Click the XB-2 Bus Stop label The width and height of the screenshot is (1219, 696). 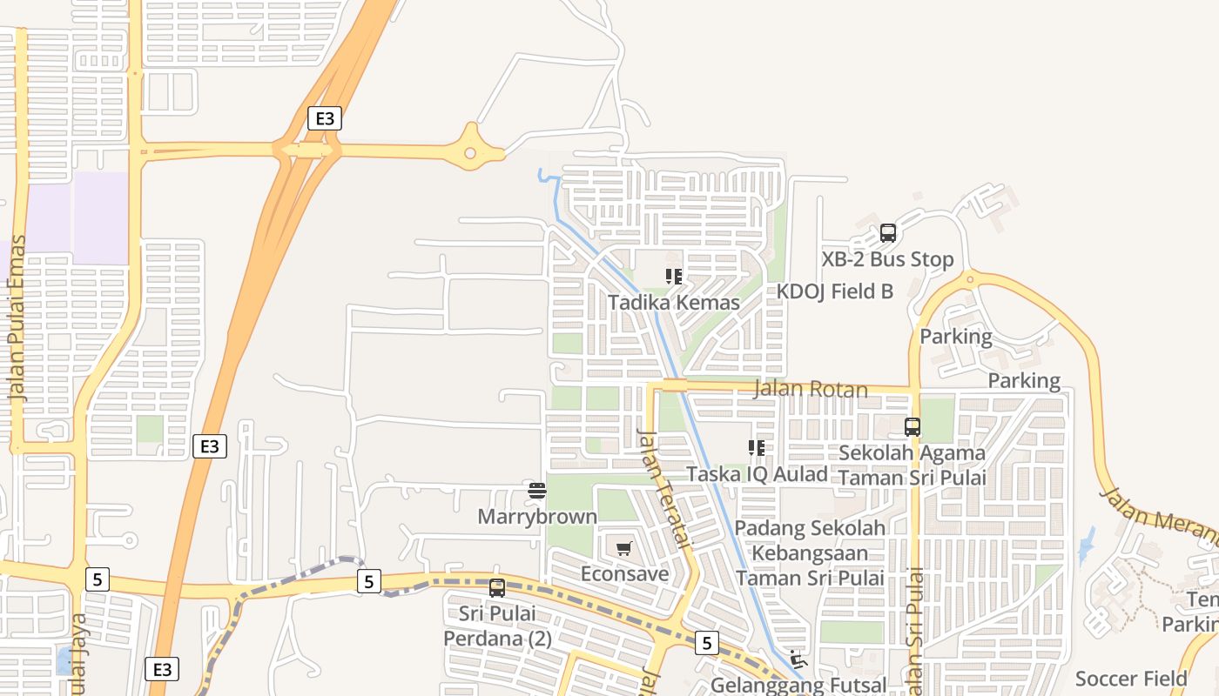point(887,259)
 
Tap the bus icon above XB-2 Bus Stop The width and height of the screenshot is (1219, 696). point(888,233)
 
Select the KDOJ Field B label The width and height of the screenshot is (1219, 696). point(835,291)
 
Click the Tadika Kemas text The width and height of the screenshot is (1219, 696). point(673,303)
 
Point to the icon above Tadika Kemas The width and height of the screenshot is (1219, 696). point(673,277)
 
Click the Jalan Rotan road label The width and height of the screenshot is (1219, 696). point(810,389)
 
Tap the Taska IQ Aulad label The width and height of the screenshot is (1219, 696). point(757,474)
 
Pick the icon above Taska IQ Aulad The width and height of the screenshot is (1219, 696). point(757,448)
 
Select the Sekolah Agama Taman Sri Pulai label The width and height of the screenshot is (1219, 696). point(912,465)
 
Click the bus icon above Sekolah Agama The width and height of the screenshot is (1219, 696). point(913,427)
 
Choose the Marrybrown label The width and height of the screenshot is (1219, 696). point(537,517)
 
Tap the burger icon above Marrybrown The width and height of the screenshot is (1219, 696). point(537,492)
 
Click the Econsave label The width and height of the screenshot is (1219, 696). point(624,574)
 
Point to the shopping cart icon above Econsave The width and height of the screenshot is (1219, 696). point(623,549)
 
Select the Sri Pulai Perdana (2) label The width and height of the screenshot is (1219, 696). point(497,626)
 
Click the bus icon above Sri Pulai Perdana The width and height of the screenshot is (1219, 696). point(497,588)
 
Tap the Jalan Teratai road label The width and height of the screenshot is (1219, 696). point(663,487)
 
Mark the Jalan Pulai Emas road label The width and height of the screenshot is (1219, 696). point(17,318)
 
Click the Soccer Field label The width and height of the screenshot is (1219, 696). point(1131,679)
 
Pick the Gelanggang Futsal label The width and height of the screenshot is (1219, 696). point(798,686)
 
